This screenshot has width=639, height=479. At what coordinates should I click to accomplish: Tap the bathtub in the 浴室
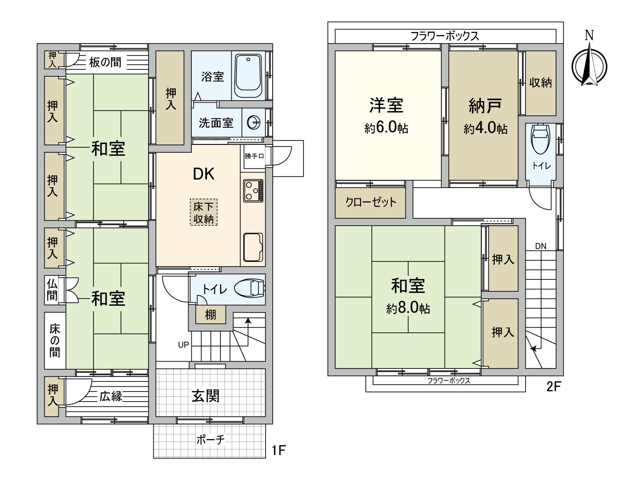[248, 75]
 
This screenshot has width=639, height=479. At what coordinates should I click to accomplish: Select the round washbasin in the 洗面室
[253, 123]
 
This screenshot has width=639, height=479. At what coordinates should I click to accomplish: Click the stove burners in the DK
[253, 191]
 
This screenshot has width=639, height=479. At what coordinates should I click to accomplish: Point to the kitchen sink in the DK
[253, 247]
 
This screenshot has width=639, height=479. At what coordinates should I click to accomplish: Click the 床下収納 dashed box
[204, 212]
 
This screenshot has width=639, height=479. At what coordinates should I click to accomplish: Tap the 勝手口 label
[254, 156]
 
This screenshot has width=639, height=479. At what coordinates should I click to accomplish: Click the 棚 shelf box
[210, 315]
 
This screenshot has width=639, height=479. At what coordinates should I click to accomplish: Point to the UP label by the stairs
[183, 345]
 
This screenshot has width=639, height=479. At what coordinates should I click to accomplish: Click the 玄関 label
[205, 396]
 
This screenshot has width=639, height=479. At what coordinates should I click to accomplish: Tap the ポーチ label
[210, 440]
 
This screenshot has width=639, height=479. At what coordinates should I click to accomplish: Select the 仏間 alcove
[52, 290]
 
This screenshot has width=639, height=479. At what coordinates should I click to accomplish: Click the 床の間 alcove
[55, 340]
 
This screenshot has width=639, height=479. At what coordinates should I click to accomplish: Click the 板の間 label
[105, 62]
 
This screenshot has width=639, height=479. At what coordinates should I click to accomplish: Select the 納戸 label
[485, 106]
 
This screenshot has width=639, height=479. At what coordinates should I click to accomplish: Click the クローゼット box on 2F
[370, 202]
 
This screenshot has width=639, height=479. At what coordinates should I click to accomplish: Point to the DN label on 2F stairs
[540, 246]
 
